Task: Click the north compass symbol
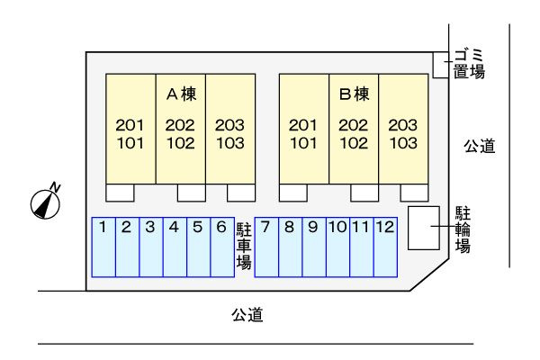click(46, 203)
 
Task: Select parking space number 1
click(103, 247)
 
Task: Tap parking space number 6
click(222, 247)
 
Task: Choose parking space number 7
click(266, 247)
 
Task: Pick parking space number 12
click(386, 247)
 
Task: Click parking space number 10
click(337, 247)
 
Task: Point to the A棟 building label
click(182, 94)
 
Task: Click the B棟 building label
click(355, 94)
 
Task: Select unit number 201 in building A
click(130, 125)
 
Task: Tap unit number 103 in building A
click(230, 143)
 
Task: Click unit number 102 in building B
click(354, 143)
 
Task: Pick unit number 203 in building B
click(403, 125)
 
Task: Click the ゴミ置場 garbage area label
click(469, 64)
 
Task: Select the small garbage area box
click(441, 65)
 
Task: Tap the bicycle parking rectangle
click(424, 228)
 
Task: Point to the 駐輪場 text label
click(463, 229)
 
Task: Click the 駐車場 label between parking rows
click(244, 246)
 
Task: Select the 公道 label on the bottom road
click(247, 314)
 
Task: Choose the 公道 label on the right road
click(480, 146)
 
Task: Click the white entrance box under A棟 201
click(120, 193)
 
